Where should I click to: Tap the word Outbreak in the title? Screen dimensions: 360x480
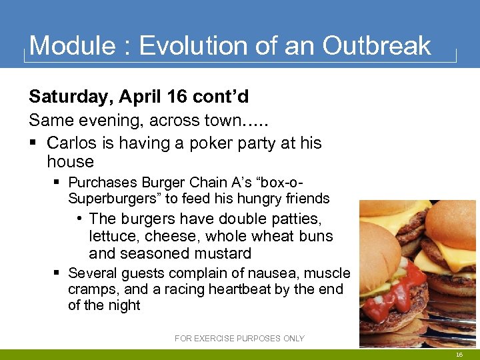[x=377, y=46]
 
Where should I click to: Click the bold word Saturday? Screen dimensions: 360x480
[x=71, y=97]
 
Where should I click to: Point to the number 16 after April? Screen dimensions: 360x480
[x=177, y=97]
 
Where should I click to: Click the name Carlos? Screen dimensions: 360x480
[x=91, y=143]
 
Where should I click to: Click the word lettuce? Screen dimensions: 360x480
[x=111, y=236]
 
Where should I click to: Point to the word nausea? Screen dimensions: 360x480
[x=279, y=273]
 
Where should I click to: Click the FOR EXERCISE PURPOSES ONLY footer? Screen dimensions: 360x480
[x=239, y=339]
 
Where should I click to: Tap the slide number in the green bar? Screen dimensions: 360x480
[x=459, y=355]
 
